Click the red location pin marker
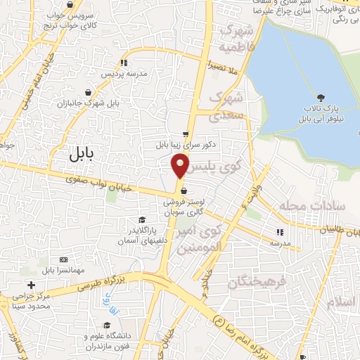pyautogui.click(x=180, y=165)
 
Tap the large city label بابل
pyautogui.click(x=86, y=155)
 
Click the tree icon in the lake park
pyautogui.click(x=321, y=98)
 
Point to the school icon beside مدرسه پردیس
pyautogui.click(x=124, y=63)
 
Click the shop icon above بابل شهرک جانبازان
pyautogui.click(x=87, y=92)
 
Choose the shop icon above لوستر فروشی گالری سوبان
pyautogui.click(x=183, y=190)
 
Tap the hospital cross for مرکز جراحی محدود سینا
pyautogui.click(x=30, y=284)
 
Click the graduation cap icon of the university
pyautogui.click(x=107, y=325)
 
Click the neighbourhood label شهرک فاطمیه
pyautogui.click(x=236, y=39)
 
